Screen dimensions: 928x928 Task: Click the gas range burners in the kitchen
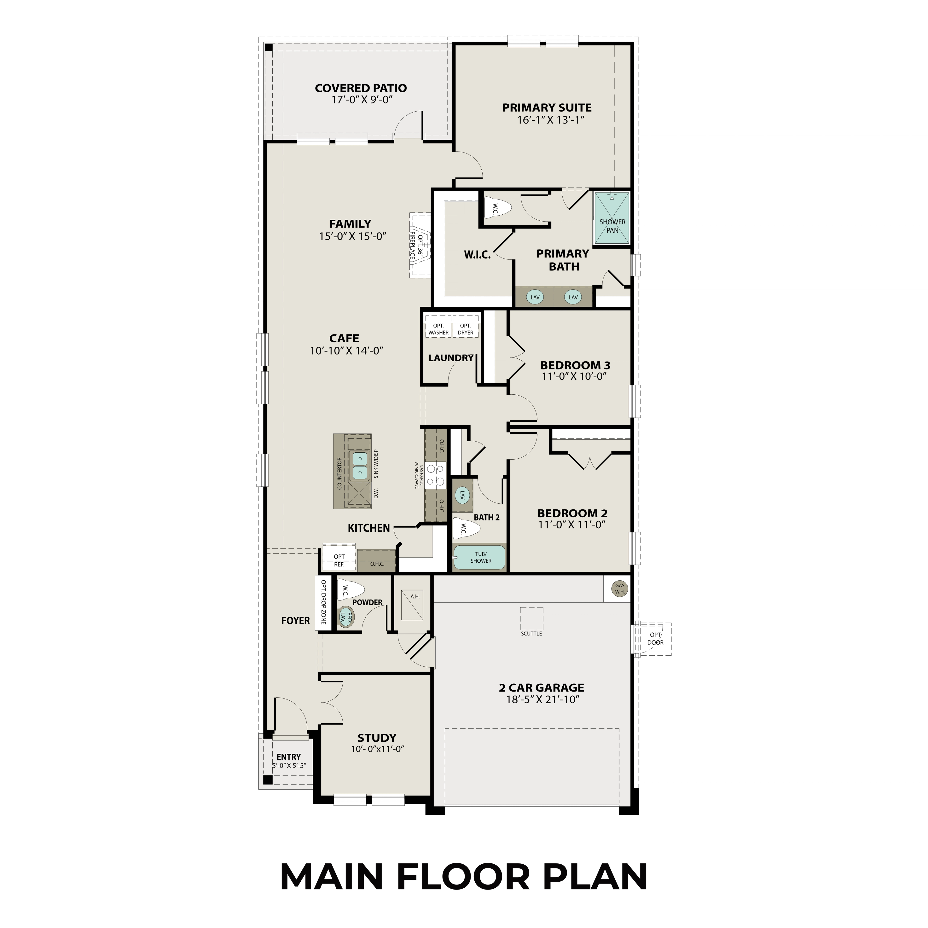point(436,475)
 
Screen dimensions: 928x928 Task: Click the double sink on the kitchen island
point(360,466)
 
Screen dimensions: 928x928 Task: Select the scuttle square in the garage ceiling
point(531,618)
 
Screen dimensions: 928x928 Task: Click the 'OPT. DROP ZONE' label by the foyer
point(323,602)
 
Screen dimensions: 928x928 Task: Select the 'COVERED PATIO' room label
point(361,88)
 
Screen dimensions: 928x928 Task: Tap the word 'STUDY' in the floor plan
point(377,738)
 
